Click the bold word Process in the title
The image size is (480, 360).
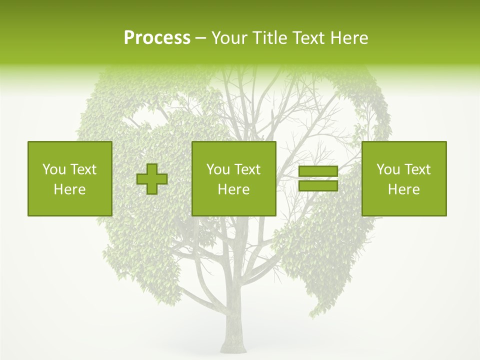pyautogui.click(x=157, y=38)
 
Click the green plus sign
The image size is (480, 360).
pyautogui.click(x=152, y=179)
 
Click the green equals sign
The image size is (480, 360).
pyautogui.click(x=318, y=178)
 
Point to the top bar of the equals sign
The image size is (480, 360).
pyautogui.click(x=318, y=171)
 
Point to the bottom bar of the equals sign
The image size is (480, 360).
pyautogui.click(x=318, y=185)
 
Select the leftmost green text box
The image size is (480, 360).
pyautogui.click(x=69, y=178)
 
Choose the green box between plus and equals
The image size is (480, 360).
pyautogui.click(x=233, y=178)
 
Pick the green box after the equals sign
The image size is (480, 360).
pyautogui.click(x=403, y=178)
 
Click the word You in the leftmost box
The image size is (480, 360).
pyautogui.click(x=53, y=169)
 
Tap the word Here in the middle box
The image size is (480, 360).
pyautogui.click(x=233, y=189)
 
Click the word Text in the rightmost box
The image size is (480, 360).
pyautogui.click(x=417, y=169)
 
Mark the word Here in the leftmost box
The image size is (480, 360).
pyautogui.click(x=69, y=189)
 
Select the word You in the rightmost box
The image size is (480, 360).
pyautogui.click(x=387, y=169)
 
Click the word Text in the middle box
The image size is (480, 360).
pyautogui.click(x=247, y=169)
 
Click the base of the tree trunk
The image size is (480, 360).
pyautogui.click(x=234, y=345)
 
